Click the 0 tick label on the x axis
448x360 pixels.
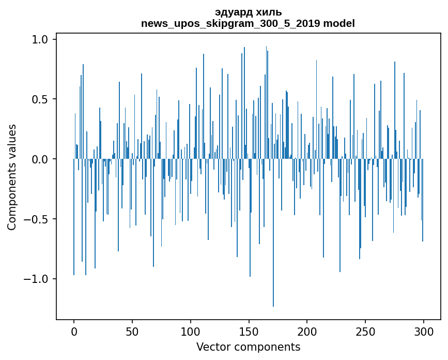click(x=74, y=331)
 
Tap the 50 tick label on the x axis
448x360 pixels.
click(x=132, y=331)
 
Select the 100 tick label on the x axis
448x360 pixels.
click(x=191, y=331)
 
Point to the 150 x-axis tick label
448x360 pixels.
click(x=249, y=331)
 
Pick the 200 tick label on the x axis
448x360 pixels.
click(x=307, y=331)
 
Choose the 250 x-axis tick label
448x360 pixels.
click(x=365, y=331)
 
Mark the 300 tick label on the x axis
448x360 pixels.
click(x=424, y=331)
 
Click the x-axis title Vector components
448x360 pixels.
click(x=248, y=347)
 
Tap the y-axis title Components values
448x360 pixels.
click(x=12, y=177)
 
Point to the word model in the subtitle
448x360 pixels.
click(x=339, y=24)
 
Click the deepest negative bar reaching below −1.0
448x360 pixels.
click(x=273, y=233)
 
